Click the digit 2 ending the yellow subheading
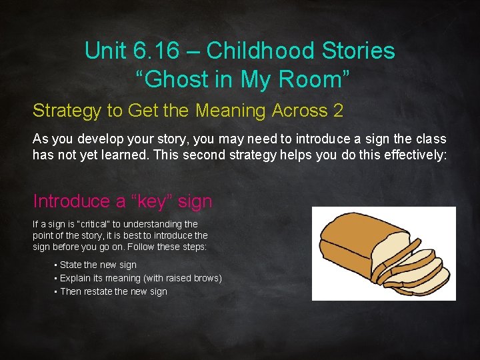coord(338,111)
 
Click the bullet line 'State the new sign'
coord(98,265)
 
